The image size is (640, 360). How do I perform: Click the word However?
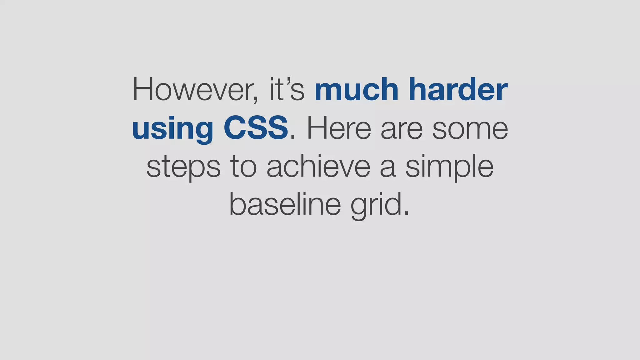tap(193, 90)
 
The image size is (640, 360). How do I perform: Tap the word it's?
tap(287, 90)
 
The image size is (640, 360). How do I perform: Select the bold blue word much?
tap(356, 90)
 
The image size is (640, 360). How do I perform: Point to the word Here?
tap(339, 128)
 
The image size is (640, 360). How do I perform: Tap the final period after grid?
tap(406, 214)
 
